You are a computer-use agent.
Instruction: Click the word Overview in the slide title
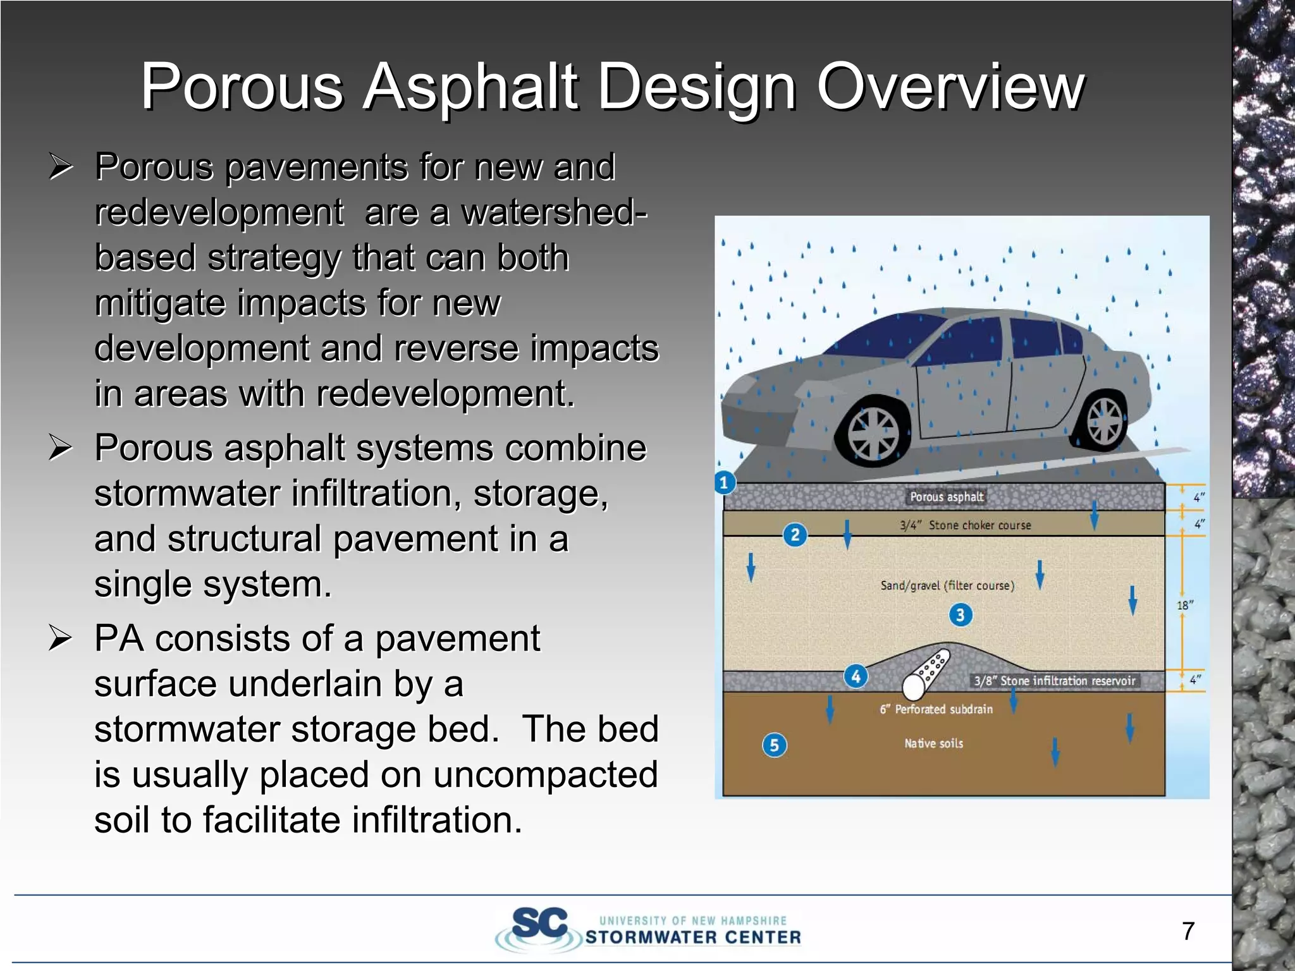pyautogui.click(x=950, y=87)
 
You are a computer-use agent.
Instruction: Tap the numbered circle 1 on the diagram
pyautogui.click(x=725, y=483)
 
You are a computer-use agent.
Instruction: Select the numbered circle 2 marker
pyautogui.click(x=795, y=535)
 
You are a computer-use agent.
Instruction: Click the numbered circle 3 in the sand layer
pyautogui.click(x=961, y=614)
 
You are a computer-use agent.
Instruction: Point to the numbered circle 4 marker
pyautogui.click(x=856, y=676)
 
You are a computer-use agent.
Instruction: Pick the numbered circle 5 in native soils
pyautogui.click(x=774, y=745)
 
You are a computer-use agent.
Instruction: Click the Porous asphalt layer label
pyautogui.click(x=947, y=497)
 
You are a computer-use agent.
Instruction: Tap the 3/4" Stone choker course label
pyautogui.click(x=966, y=525)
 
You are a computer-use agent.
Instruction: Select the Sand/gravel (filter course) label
pyautogui.click(x=947, y=585)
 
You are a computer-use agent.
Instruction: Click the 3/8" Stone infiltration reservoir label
pyautogui.click(x=1054, y=681)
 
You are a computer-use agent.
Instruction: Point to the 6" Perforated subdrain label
pyautogui.click(x=936, y=709)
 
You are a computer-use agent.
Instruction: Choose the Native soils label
pyautogui.click(x=933, y=743)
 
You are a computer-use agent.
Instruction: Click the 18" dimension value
pyautogui.click(x=1184, y=605)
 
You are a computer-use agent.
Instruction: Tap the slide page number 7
pyautogui.click(x=1188, y=931)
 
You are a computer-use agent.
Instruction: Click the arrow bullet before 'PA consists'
pyautogui.click(x=61, y=638)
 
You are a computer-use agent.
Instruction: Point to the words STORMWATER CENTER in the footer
pyautogui.click(x=693, y=937)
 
